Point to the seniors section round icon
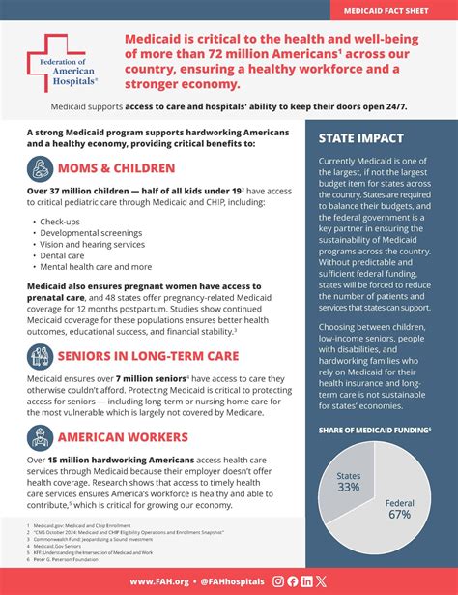(x=43, y=356)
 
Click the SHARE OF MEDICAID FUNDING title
(x=374, y=430)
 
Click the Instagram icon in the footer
(x=279, y=581)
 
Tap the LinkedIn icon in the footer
(x=307, y=581)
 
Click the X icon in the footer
(x=321, y=581)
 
